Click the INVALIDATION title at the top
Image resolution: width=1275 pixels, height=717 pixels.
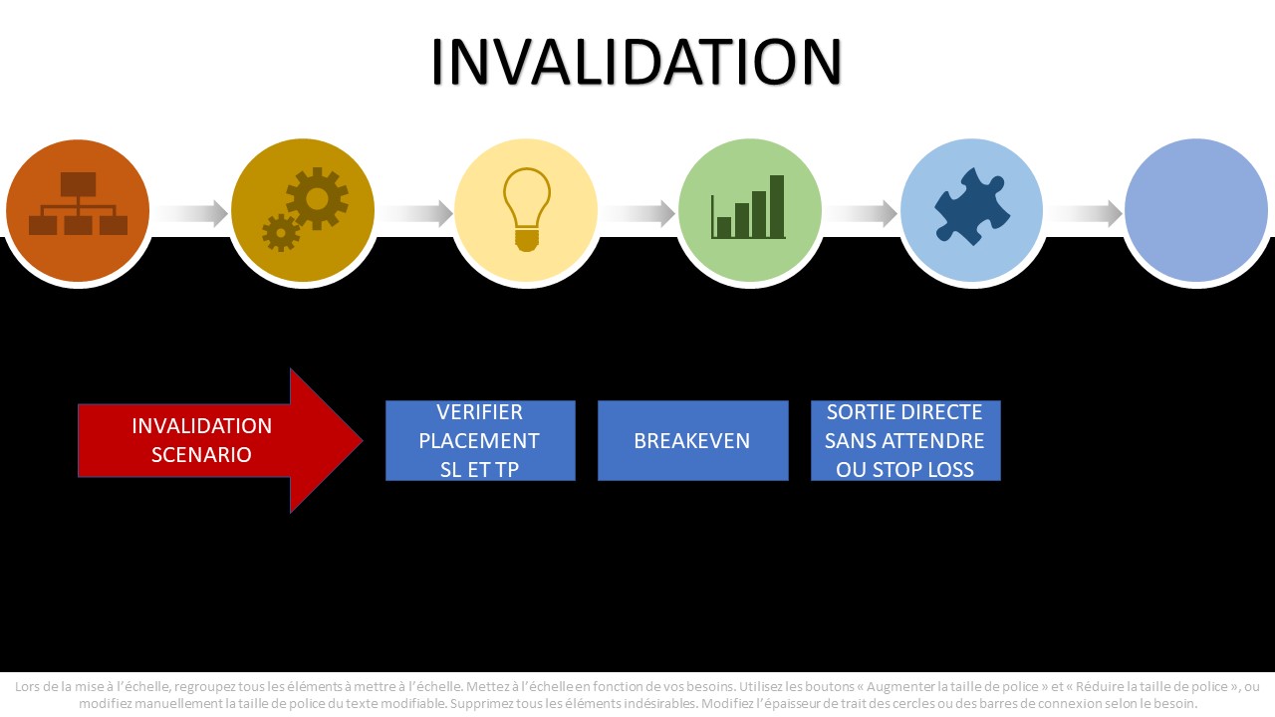[636, 62]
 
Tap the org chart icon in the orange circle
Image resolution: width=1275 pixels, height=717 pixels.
[78, 203]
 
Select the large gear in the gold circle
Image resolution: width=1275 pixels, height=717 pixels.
[317, 198]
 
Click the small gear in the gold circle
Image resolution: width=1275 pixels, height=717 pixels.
[281, 233]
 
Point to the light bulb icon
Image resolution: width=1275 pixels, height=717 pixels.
[527, 209]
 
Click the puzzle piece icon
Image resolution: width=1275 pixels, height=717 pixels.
[972, 206]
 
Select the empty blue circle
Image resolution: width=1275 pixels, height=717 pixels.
[1196, 210]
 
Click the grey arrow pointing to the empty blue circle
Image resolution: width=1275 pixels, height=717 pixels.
[1085, 213]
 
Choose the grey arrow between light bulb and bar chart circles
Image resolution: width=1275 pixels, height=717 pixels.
[638, 213]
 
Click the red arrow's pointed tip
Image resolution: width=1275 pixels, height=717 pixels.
[362, 440]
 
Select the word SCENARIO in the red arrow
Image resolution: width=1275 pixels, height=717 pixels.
[201, 455]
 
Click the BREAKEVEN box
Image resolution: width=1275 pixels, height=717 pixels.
[692, 440]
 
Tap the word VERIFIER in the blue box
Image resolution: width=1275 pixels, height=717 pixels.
[479, 412]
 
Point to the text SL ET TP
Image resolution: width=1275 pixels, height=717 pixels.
[479, 469]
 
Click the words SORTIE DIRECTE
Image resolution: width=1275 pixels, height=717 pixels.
[904, 412]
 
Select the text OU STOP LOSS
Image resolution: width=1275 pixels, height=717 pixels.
[904, 469]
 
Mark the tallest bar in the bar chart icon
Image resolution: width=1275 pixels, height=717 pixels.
[777, 206]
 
